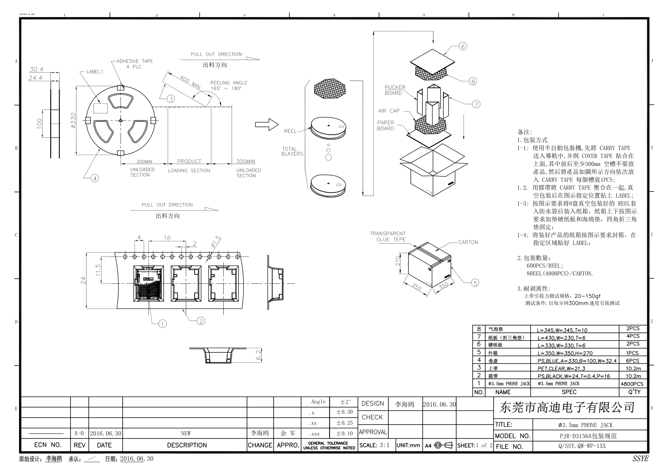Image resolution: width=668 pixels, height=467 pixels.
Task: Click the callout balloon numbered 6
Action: point(462,46)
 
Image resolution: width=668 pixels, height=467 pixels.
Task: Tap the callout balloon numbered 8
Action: point(473,81)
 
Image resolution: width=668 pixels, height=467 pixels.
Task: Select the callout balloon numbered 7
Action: point(476,104)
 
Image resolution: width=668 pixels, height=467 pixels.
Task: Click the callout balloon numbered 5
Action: point(475,283)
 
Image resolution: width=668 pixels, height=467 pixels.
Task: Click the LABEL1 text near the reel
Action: point(94,72)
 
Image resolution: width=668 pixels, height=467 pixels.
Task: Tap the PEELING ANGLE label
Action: point(229,83)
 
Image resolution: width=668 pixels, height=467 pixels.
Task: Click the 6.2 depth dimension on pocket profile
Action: point(259,354)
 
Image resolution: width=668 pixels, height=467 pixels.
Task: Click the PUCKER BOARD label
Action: point(394,90)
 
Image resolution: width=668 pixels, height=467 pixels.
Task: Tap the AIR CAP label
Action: point(389,111)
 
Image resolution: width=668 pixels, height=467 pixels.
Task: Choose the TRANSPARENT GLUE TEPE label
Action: point(387,237)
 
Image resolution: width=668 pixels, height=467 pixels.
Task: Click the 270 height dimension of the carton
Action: point(398,262)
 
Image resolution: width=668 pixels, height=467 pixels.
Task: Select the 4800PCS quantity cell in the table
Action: point(632,384)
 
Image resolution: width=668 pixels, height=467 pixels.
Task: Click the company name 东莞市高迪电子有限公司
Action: point(567,407)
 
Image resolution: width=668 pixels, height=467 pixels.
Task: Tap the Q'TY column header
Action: point(634,392)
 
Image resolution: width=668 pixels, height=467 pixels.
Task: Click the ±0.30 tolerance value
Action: point(344,412)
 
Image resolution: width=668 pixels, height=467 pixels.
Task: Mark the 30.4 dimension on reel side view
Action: point(36,69)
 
